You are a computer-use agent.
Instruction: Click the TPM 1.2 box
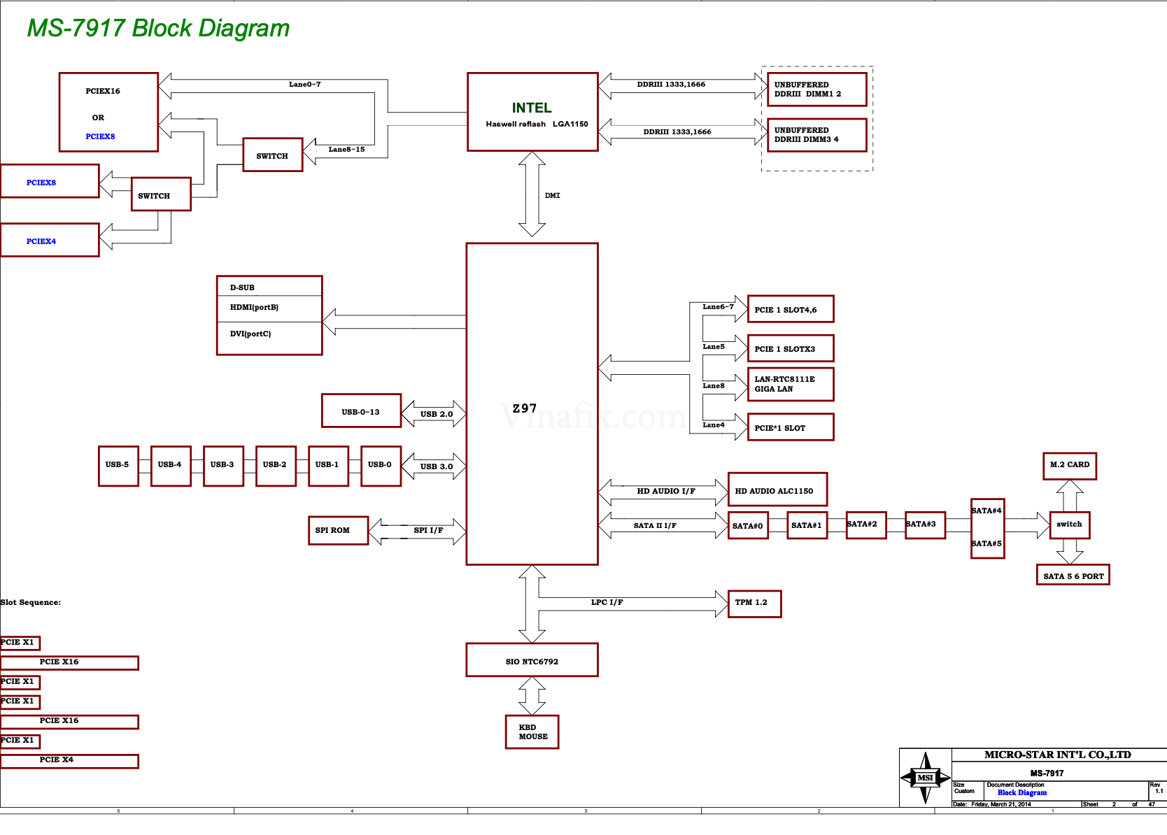pyautogui.click(x=754, y=604)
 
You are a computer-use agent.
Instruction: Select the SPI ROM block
pyautogui.click(x=338, y=531)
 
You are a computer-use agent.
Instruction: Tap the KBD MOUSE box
pyautogui.click(x=532, y=732)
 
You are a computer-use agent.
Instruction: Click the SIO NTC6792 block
pyautogui.click(x=532, y=661)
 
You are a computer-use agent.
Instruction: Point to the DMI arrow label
pyautogui.click(x=553, y=196)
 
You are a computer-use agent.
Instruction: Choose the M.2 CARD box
pyautogui.click(x=1069, y=465)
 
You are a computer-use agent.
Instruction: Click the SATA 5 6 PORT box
pyautogui.click(x=1073, y=576)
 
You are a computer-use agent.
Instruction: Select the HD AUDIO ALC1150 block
pyautogui.click(x=777, y=490)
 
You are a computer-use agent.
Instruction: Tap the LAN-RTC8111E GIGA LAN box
pyautogui.click(x=791, y=385)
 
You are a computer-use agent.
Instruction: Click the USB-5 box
pyautogui.click(x=118, y=466)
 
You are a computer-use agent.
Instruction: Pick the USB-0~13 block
pyautogui.click(x=361, y=411)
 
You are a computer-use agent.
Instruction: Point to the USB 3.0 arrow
pyautogui.click(x=436, y=466)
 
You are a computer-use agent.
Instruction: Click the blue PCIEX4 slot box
pyautogui.click(x=49, y=241)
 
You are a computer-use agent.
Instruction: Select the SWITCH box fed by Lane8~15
pyautogui.click(x=273, y=155)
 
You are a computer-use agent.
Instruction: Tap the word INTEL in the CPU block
pyautogui.click(x=532, y=108)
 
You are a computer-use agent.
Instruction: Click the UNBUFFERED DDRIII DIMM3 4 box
pyautogui.click(x=816, y=135)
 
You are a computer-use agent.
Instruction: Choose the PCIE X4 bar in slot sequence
pyautogui.click(x=69, y=761)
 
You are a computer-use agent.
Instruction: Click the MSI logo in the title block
pyautogui.click(x=925, y=778)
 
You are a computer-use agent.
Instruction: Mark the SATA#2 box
pyautogui.click(x=865, y=524)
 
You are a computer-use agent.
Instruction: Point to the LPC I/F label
pyautogui.click(x=607, y=602)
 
